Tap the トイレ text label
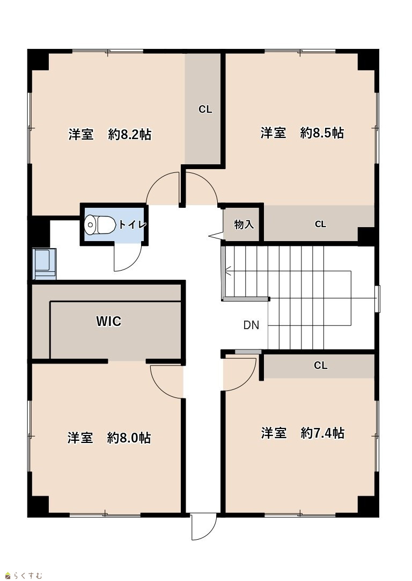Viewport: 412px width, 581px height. (x=132, y=224)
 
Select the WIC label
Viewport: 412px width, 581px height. (x=109, y=321)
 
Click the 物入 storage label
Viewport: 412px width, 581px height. (x=244, y=224)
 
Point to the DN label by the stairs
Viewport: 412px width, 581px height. (x=252, y=325)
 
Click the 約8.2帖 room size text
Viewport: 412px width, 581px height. (x=130, y=134)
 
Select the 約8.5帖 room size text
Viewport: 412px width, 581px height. (x=322, y=132)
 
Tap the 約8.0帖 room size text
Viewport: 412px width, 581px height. (x=129, y=438)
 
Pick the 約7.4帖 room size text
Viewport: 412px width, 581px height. (x=322, y=433)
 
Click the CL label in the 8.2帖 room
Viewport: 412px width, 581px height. (x=205, y=110)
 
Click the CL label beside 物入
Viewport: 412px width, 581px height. (x=321, y=224)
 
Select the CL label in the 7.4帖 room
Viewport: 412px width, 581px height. (x=321, y=365)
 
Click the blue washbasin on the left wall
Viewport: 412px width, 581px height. (x=45, y=264)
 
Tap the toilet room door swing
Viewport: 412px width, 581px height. (x=128, y=258)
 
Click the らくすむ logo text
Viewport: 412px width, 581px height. (x=28, y=576)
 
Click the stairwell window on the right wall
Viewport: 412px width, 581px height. (x=377, y=299)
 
